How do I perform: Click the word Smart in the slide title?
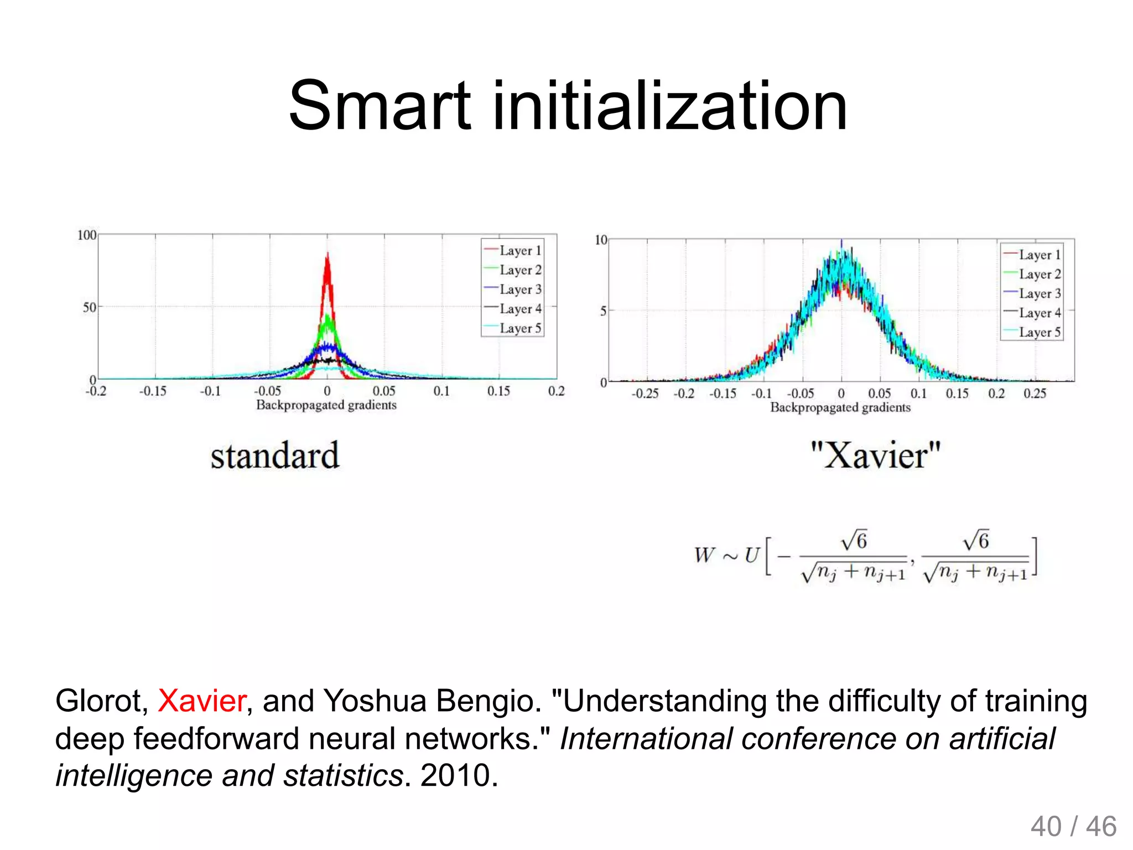click(380, 106)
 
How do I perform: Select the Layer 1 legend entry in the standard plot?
click(513, 251)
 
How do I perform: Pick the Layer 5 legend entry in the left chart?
click(513, 328)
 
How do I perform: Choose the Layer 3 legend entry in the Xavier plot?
click(1032, 293)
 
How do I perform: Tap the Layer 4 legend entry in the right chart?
click(1032, 313)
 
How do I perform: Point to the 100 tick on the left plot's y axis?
click(87, 235)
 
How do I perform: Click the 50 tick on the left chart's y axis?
click(90, 307)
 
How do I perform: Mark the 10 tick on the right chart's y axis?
click(601, 240)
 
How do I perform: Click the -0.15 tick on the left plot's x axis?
click(153, 391)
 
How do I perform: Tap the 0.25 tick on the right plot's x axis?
click(1035, 393)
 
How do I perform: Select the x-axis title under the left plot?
click(326, 405)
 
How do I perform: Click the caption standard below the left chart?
click(275, 456)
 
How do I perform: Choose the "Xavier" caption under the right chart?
click(875, 456)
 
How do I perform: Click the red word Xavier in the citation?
click(202, 701)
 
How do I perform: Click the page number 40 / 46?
click(1073, 826)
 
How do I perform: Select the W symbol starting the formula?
click(705, 554)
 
